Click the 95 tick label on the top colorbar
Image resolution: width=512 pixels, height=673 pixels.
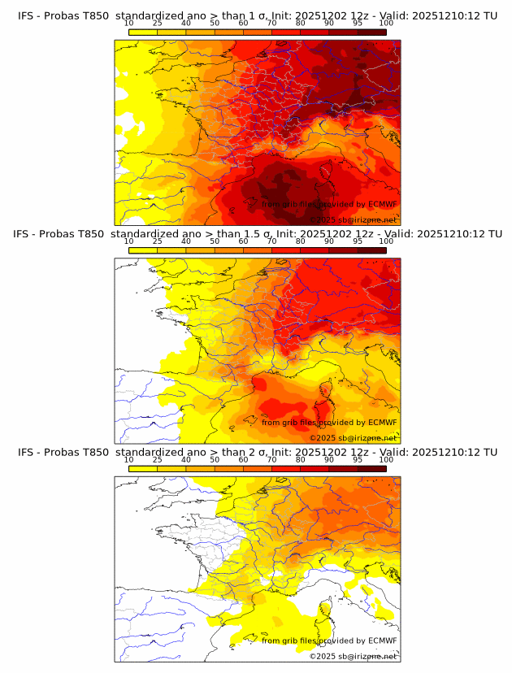[x=358, y=23]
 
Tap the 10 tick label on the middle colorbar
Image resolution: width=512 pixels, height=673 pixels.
[x=129, y=241]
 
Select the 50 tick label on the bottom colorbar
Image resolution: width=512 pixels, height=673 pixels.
[x=215, y=459]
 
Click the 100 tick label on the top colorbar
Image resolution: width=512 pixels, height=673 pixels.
[x=386, y=23]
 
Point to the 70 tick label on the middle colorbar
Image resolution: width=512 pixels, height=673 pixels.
[x=271, y=241]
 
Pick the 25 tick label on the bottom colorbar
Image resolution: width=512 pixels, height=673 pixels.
[x=157, y=459]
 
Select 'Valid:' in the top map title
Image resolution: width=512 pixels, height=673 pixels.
[x=404, y=15]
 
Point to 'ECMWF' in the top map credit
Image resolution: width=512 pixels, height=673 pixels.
[x=382, y=204]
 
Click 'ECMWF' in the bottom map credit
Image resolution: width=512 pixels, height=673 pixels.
[x=382, y=640]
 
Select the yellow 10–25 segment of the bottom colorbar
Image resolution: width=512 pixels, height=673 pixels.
[x=143, y=469]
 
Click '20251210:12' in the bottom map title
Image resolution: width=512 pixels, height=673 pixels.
[x=451, y=451]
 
